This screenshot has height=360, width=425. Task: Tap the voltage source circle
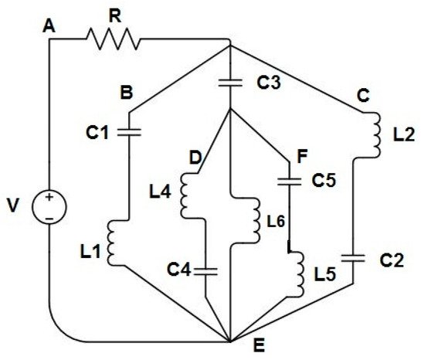49,208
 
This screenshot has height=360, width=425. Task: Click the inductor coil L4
186,195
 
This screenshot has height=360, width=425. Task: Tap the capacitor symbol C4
206,270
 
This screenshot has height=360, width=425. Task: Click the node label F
293,158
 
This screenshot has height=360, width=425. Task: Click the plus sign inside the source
49,199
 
